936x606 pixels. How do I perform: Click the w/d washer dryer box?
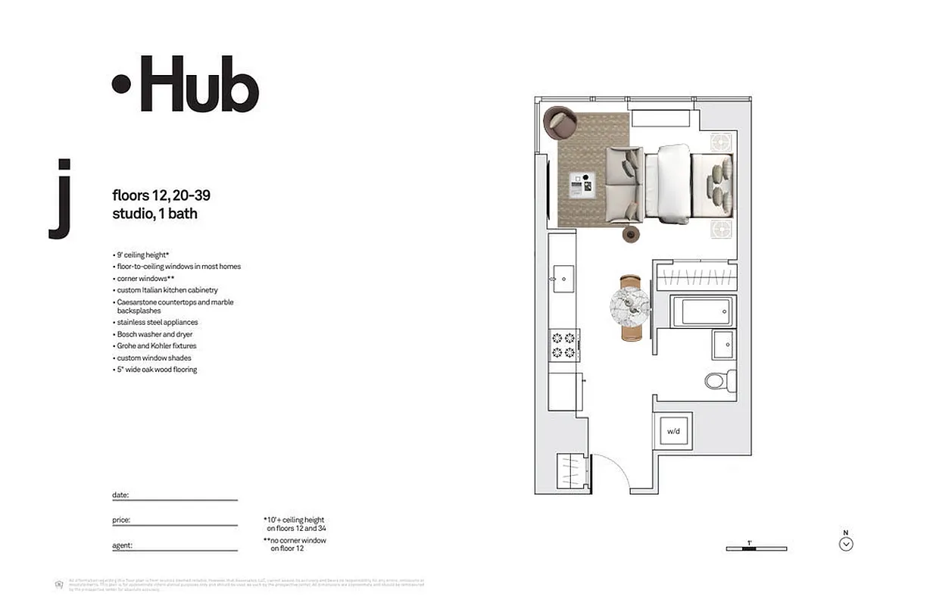pos(673,431)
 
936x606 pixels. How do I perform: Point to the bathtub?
pos(704,311)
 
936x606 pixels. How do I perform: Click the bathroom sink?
pos(722,345)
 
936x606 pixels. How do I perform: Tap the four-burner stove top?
pos(563,345)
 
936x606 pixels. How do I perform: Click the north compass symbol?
pos(847,543)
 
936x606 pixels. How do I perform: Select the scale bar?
pos(756,548)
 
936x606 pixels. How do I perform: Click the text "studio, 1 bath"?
pos(154,214)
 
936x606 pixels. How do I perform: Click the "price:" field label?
pos(121,520)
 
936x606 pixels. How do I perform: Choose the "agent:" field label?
pos(122,545)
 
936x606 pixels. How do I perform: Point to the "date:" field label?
pos(120,495)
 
